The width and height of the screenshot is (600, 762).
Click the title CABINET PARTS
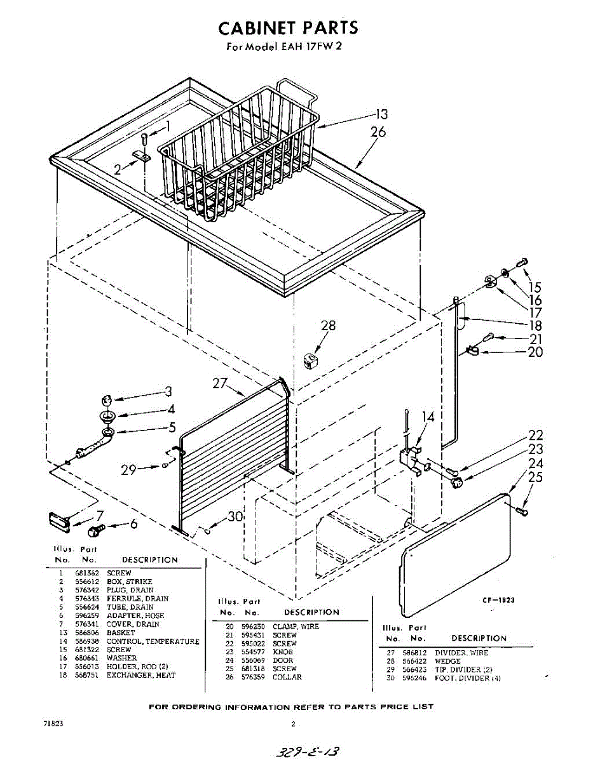pyautogui.click(x=288, y=28)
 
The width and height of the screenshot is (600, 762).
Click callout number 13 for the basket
pyautogui.click(x=381, y=115)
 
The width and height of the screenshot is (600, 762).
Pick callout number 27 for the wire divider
pyautogui.click(x=219, y=384)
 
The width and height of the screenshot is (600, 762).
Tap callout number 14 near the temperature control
pyautogui.click(x=428, y=417)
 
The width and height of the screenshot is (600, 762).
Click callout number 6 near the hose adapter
pyautogui.click(x=133, y=524)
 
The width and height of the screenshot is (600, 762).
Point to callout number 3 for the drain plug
pyautogui.click(x=168, y=391)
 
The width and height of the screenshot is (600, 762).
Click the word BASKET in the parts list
pyautogui.click(x=121, y=633)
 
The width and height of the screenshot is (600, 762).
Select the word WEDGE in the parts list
pyautogui.click(x=447, y=661)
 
